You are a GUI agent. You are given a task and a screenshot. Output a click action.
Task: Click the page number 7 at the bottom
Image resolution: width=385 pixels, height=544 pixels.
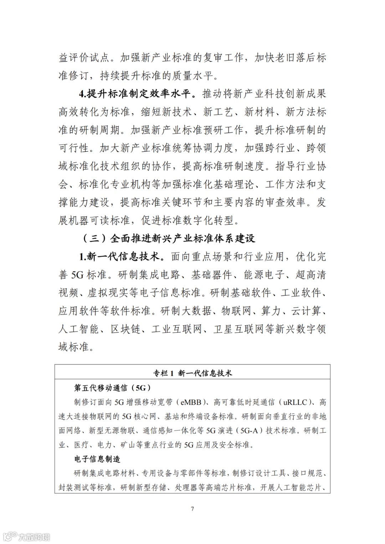coord(192,509)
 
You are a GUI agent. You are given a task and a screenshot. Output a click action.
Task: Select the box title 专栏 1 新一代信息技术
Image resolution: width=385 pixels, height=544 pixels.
coord(192,373)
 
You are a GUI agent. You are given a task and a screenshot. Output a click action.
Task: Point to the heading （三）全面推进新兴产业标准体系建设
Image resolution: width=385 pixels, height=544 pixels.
coord(169,238)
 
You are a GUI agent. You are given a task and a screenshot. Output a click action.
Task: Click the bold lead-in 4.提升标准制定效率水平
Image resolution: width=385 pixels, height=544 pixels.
coord(137,94)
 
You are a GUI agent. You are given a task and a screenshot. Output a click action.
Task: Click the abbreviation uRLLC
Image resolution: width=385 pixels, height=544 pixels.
coord(295,402)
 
